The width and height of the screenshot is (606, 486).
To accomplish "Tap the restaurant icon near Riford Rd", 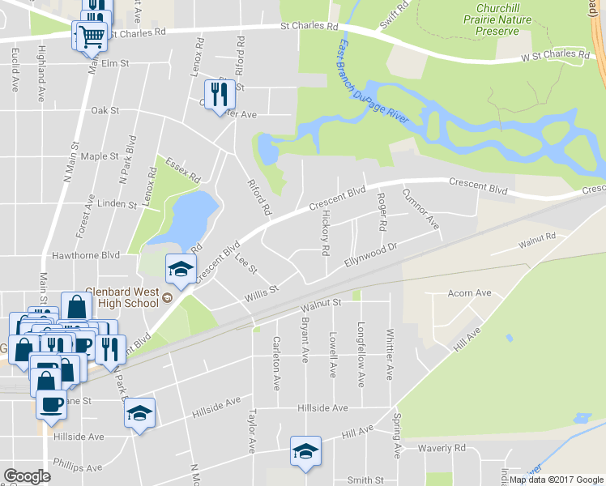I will (x=219, y=95).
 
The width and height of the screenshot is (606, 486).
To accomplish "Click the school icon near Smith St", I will (x=305, y=451).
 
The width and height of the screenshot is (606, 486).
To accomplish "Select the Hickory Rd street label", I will (x=326, y=228).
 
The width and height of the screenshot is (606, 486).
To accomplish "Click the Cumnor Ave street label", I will (x=420, y=209).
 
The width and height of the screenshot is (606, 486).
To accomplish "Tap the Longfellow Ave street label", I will (x=361, y=352).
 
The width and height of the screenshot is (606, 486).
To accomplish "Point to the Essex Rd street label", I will (x=182, y=165).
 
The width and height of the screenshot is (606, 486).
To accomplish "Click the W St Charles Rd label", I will (x=554, y=56).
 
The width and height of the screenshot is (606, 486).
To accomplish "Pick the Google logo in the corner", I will (x=27, y=476).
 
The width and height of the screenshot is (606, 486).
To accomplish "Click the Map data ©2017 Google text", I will (x=557, y=480).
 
